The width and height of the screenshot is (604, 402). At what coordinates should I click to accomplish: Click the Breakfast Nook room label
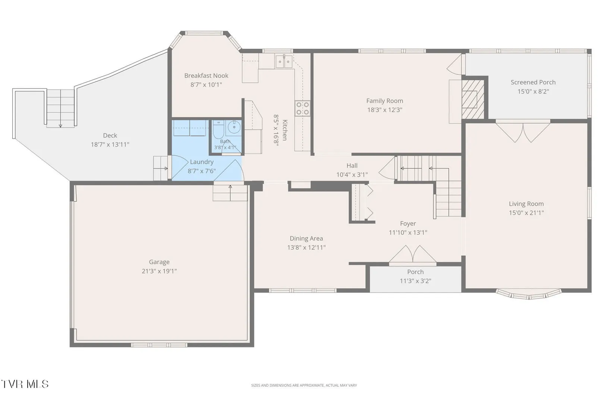click(x=206, y=76)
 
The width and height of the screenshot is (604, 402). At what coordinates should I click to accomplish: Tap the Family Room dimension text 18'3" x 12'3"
click(x=385, y=110)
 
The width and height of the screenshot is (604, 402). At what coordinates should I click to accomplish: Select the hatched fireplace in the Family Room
click(x=473, y=99)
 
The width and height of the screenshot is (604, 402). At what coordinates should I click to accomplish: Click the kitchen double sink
click(x=284, y=62)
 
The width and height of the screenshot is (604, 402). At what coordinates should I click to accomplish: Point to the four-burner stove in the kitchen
click(x=302, y=108)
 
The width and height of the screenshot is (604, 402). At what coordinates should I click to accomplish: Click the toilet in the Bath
click(x=218, y=130)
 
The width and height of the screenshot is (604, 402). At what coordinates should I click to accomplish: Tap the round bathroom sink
click(x=234, y=127)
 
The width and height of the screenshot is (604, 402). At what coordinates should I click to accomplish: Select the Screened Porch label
click(x=533, y=82)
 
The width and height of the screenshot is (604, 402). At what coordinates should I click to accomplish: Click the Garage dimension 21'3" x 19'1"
click(x=159, y=271)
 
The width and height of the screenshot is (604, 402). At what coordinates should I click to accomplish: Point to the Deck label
click(x=110, y=135)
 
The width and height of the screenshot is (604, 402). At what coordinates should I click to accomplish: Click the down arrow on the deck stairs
click(x=61, y=125)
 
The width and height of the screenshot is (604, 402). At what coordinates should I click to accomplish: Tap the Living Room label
click(x=526, y=204)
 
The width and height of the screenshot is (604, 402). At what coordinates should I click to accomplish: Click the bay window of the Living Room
click(x=529, y=295)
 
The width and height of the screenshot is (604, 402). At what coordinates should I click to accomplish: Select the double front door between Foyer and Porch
click(x=413, y=255)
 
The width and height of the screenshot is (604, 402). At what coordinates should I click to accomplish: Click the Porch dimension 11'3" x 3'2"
click(x=415, y=281)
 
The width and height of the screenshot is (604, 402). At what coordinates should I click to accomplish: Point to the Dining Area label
click(x=306, y=239)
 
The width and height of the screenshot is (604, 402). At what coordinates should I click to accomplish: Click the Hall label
click(x=352, y=166)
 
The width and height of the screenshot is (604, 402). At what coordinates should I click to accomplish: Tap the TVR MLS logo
click(x=25, y=384)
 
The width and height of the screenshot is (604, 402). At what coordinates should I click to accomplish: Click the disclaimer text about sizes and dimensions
click(x=304, y=385)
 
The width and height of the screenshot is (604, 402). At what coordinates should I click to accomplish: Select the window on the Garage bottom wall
click(x=159, y=345)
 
